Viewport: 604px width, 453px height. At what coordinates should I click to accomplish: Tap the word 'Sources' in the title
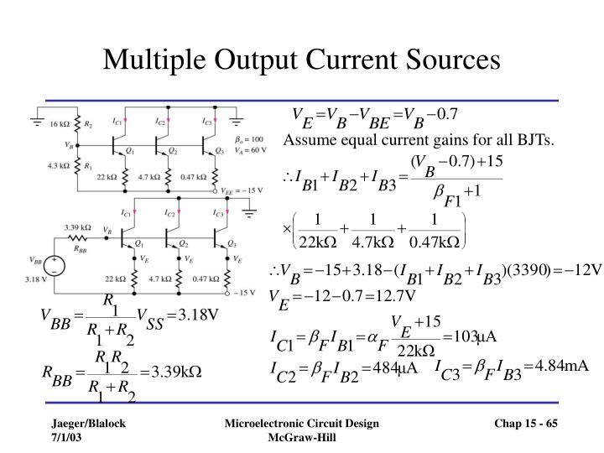coord(450,60)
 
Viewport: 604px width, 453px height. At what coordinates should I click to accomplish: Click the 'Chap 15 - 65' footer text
coord(525,425)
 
